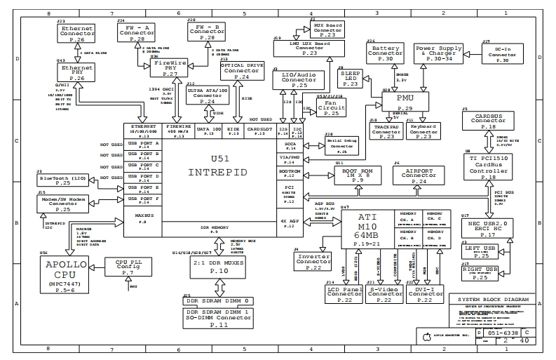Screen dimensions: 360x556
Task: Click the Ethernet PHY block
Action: coord(77,74)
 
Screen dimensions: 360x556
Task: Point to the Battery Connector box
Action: coord(385,54)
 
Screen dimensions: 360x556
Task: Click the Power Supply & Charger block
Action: coord(440,53)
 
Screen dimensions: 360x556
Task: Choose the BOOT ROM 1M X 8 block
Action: coord(357,175)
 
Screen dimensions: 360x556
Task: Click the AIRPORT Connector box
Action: coord(419,175)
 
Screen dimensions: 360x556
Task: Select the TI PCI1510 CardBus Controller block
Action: coord(488,167)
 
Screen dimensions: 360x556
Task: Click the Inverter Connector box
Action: coord(313,261)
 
